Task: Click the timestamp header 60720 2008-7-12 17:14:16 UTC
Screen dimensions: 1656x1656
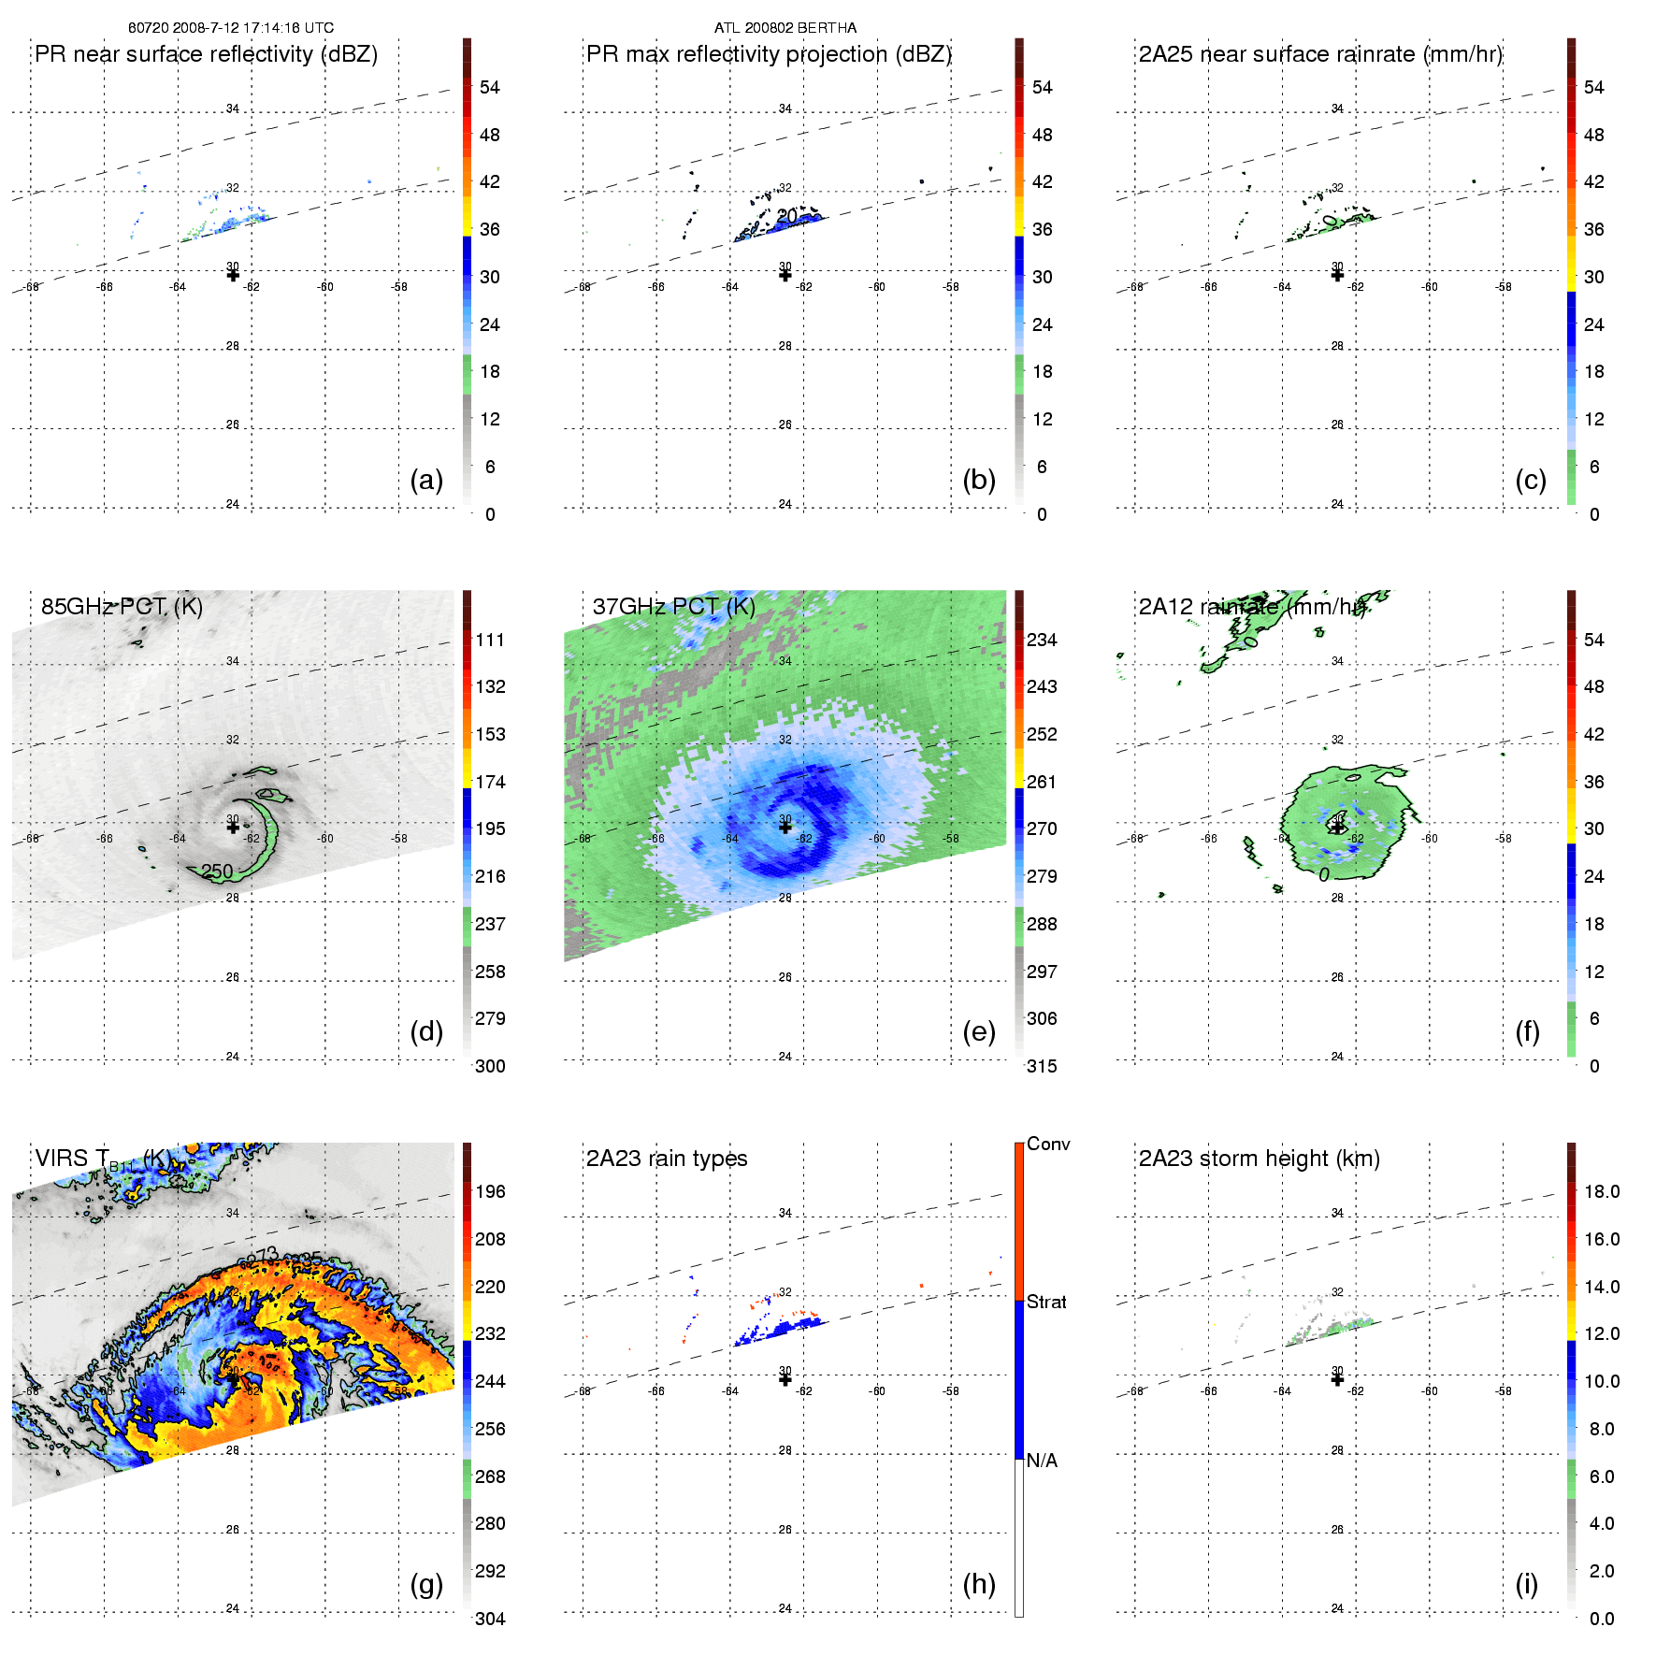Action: click(230, 28)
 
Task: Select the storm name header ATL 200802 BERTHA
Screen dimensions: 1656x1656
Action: click(785, 28)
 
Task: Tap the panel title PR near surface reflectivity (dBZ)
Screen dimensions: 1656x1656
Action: click(206, 54)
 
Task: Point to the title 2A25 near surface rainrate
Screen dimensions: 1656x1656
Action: click(1319, 54)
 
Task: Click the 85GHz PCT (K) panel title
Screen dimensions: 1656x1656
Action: click(122, 606)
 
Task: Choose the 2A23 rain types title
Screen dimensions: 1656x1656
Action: click(666, 1159)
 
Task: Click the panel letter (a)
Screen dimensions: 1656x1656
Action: click(426, 481)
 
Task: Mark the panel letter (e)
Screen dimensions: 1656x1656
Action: click(978, 1032)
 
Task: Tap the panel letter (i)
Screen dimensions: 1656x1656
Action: click(1526, 1584)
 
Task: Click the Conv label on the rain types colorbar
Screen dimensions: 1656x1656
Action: click(1048, 1145)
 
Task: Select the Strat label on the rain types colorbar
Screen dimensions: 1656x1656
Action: click(1046, 1303)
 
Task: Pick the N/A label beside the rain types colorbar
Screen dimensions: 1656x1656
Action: click(1042, 1461)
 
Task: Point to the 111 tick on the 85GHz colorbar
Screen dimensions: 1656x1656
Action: click(490, 640)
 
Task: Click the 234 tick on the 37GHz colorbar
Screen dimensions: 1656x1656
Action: click(1042, 640)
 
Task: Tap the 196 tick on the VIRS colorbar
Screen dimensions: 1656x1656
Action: click(490, 1191)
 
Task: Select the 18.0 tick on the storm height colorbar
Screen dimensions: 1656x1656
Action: click(1601, 1191)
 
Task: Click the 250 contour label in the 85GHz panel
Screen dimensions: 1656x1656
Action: click(217, 871)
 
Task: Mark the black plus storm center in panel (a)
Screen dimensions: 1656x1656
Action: click(233, 275)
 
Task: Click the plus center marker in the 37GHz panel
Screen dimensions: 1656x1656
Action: click(785, 827)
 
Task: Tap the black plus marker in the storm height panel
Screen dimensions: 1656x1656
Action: click(1337, 1379)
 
